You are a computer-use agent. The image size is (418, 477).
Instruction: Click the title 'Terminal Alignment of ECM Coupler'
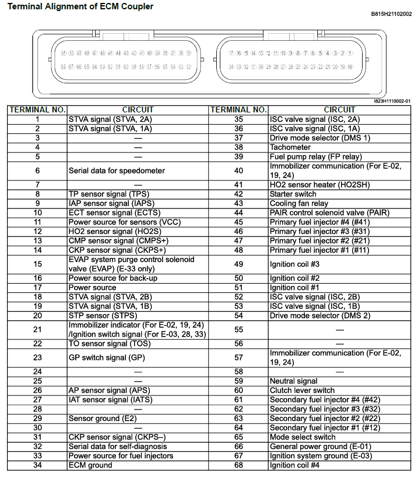tap(81, 6)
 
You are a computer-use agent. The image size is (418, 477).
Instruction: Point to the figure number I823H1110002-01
tap(392, 101)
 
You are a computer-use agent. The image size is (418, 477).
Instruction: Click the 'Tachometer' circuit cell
tap(290, 147)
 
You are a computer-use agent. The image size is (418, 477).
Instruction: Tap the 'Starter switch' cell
tap(293, 194)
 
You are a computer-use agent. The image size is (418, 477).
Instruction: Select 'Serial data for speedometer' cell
tap(117, 171)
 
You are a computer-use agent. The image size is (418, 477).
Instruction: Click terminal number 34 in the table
tap(37, 465)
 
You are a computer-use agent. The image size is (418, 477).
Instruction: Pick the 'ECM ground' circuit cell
tap(90, 465)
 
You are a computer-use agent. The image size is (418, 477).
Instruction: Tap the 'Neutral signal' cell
tap(294, 381)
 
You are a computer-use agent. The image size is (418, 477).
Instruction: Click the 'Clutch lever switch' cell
tap(302, 390)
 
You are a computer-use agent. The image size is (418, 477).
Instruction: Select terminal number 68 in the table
tap(238, 465)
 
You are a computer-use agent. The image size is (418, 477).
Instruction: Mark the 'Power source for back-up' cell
tap(113, 278)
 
